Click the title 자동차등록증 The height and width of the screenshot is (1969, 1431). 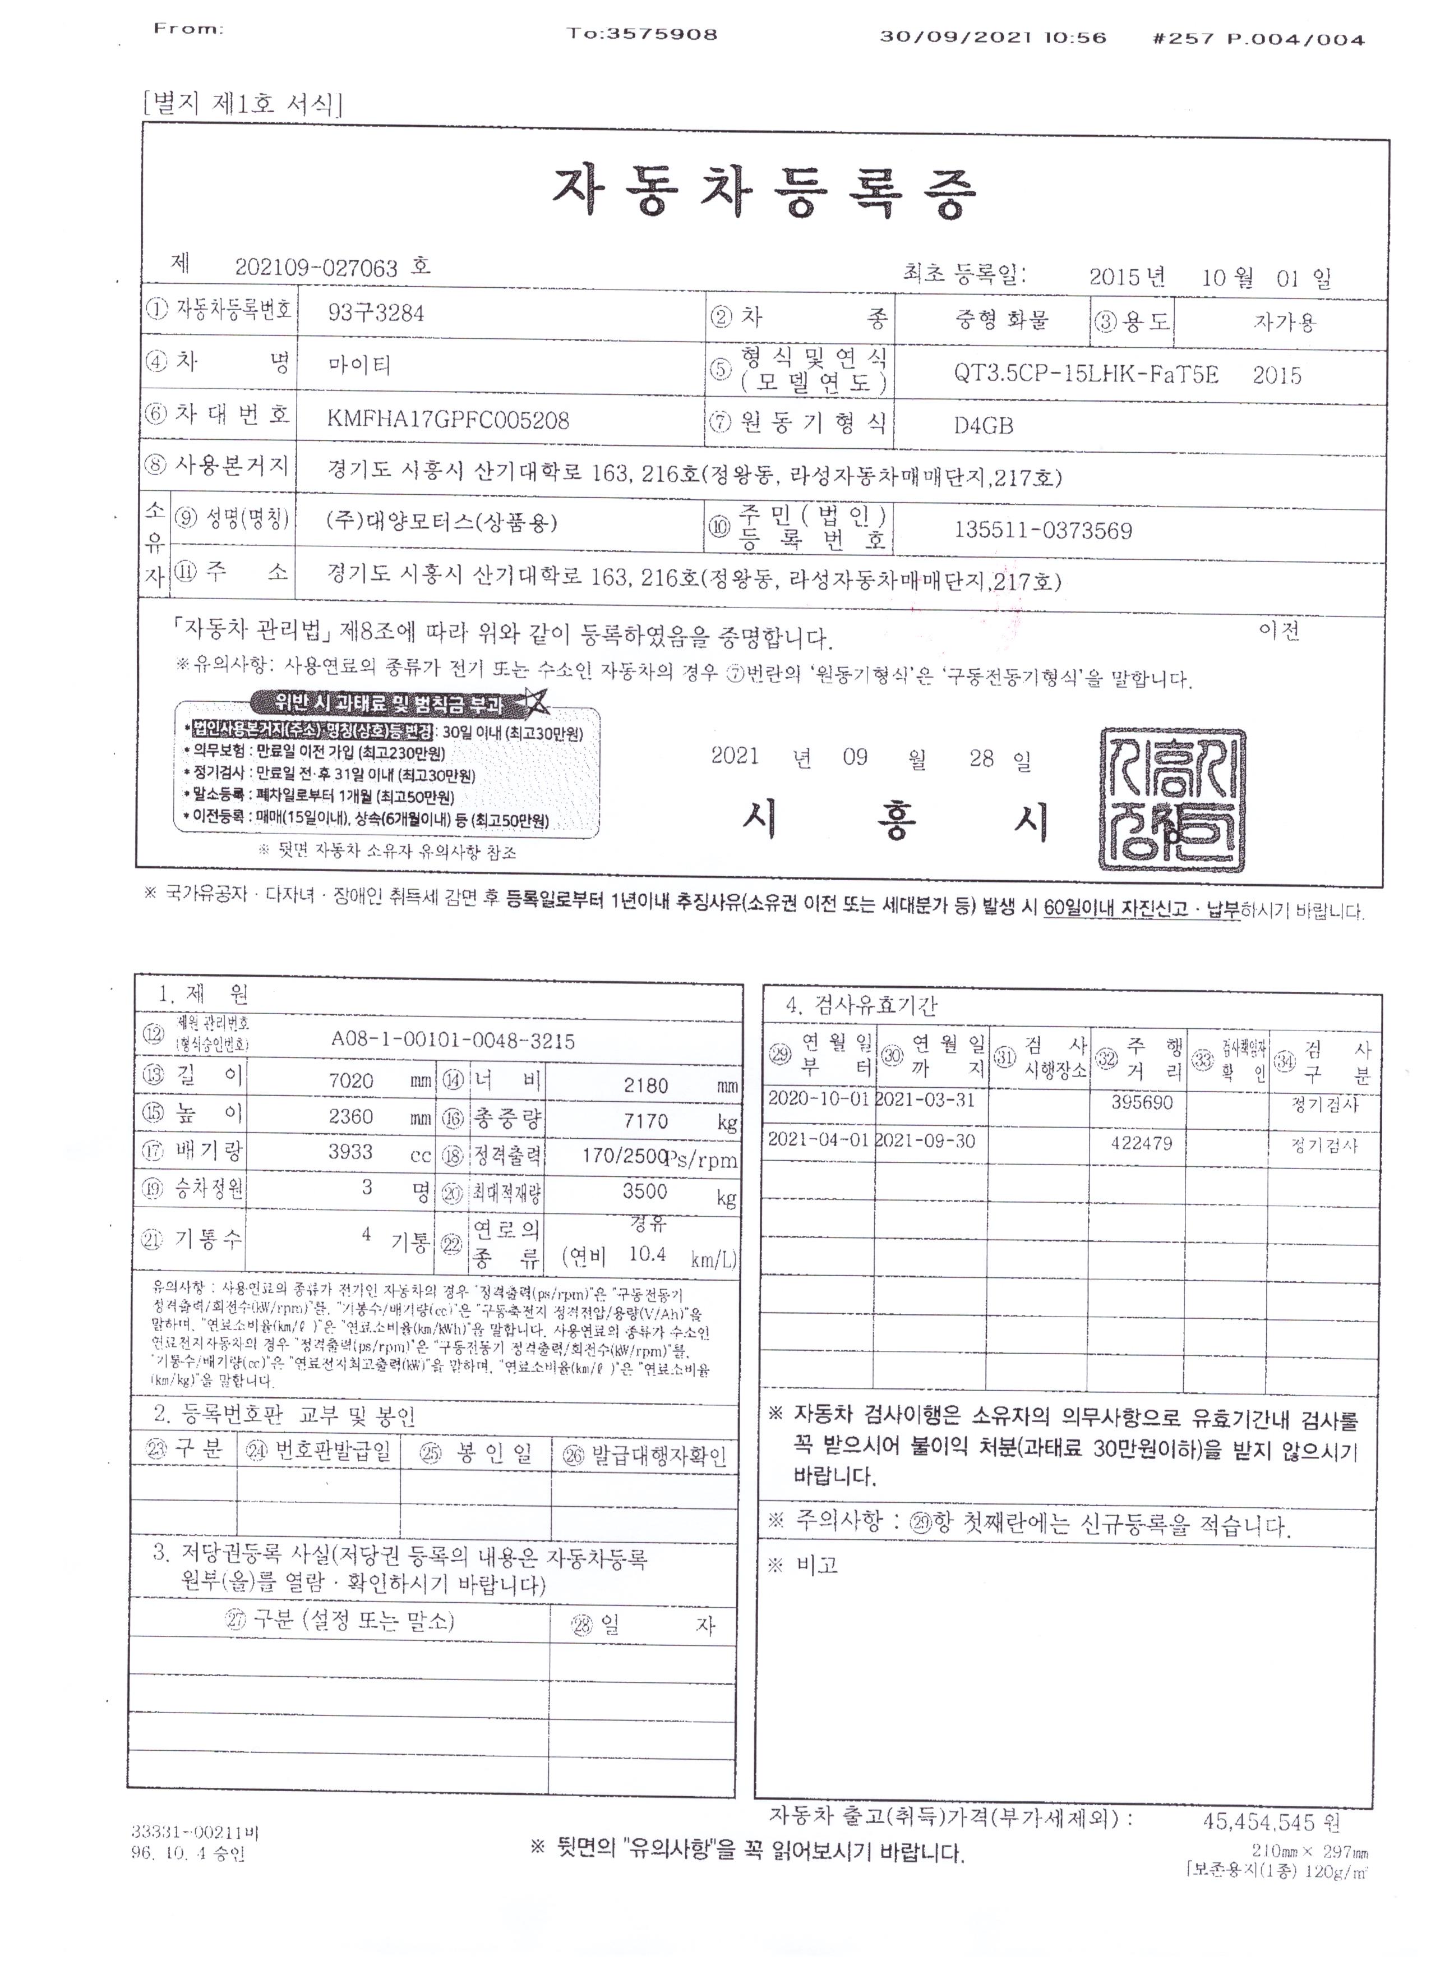(764, 193)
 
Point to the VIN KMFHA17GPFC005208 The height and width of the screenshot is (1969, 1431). (448, 420)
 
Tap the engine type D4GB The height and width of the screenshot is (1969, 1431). (983, 425)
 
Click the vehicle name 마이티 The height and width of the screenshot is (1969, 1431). (359, 365)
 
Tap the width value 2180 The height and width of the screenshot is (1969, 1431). (645, 1085)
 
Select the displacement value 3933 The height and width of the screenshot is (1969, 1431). (350, 1152)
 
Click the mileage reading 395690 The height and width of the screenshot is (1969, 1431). (1142, 1102)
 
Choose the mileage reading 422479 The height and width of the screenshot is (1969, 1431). (1142, 1143)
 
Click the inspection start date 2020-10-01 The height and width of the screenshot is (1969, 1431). (818, 1099)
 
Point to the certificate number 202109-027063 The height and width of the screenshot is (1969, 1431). (317, 268)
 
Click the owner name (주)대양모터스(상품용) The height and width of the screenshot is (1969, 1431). (442, 521)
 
